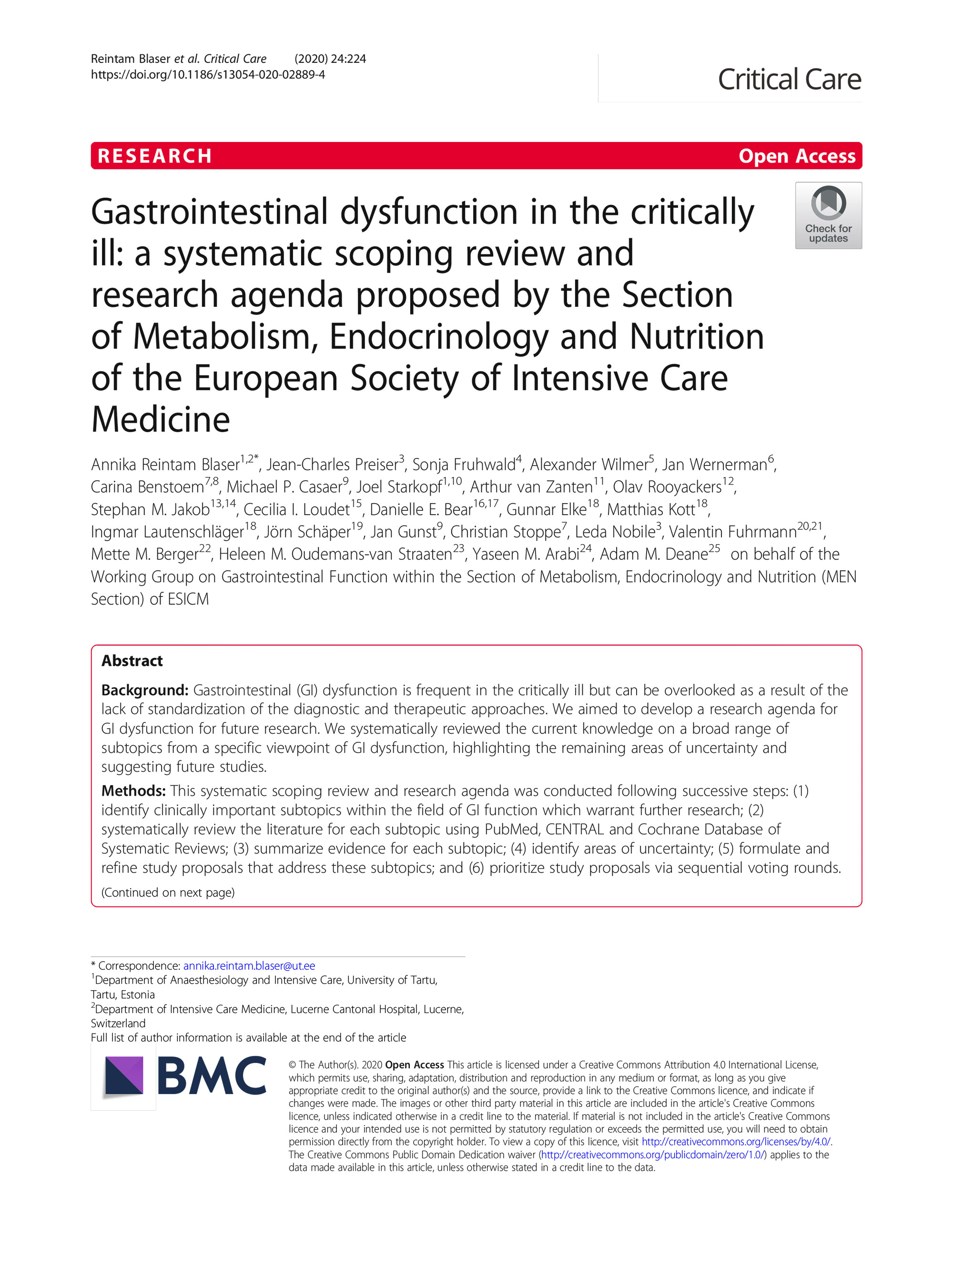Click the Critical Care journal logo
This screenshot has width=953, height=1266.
789,79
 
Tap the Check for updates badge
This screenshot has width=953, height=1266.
828,215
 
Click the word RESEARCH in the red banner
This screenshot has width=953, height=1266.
154,156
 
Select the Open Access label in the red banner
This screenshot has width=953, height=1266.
796,156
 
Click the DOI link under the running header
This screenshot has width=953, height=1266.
208,74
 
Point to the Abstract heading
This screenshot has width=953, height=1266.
132,660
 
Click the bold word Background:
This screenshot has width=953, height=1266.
145,690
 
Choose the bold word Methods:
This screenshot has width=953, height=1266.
133,790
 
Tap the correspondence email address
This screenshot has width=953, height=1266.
249,965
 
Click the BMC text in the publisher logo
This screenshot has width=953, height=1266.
212,1076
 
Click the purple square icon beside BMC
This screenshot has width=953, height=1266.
123,1076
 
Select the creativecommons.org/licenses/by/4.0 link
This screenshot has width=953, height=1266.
736,1141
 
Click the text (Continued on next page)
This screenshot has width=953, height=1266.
168,892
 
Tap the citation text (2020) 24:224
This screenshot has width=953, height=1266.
330,59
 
